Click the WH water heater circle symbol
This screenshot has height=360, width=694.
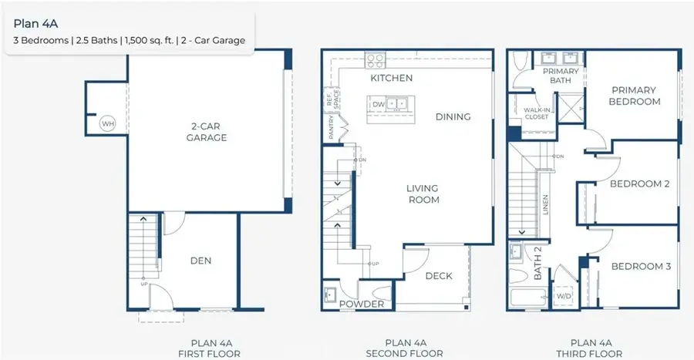pos(106,123)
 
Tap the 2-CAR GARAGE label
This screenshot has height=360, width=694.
pos(206,132)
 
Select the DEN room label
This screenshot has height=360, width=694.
pos(200,261)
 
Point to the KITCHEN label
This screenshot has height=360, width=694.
pos(391,78)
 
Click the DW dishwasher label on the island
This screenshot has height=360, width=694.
pos(378,103)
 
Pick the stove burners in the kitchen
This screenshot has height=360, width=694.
pos(375,59)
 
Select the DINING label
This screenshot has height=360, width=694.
pos(453,116)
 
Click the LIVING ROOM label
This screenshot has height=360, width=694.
pos(423,194)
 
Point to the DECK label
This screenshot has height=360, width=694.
pos(439,276)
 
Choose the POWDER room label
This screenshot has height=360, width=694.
pos(362,304)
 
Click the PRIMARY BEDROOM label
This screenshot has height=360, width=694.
pos(634,96)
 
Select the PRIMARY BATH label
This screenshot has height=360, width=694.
pos(561,76)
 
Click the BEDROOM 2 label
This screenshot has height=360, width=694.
pos(639,183)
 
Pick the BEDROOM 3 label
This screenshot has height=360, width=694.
pos(641,267)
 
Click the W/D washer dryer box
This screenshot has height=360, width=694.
pos(564,296)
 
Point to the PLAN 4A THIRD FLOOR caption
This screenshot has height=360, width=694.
pos(595,348)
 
